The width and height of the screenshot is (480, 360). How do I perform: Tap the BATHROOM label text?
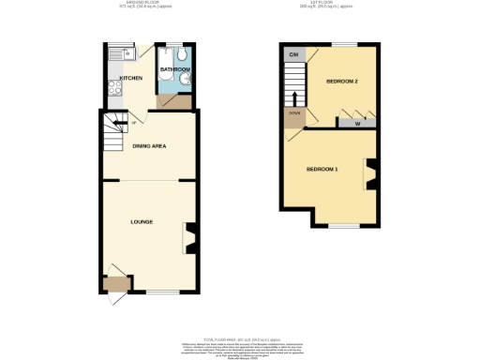coord(175,69)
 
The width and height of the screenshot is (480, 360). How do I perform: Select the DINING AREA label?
coord(150,146)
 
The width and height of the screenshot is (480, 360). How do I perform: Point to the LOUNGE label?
coord(142,221)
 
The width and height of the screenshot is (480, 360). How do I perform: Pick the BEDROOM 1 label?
coord(322,169)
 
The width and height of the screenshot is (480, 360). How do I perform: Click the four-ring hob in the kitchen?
coord(112,90)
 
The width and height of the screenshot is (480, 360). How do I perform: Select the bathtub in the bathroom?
coord(164,82)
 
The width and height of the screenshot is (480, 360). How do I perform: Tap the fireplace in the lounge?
coord(189,237)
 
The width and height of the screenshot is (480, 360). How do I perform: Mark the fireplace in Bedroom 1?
coord(371,173)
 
